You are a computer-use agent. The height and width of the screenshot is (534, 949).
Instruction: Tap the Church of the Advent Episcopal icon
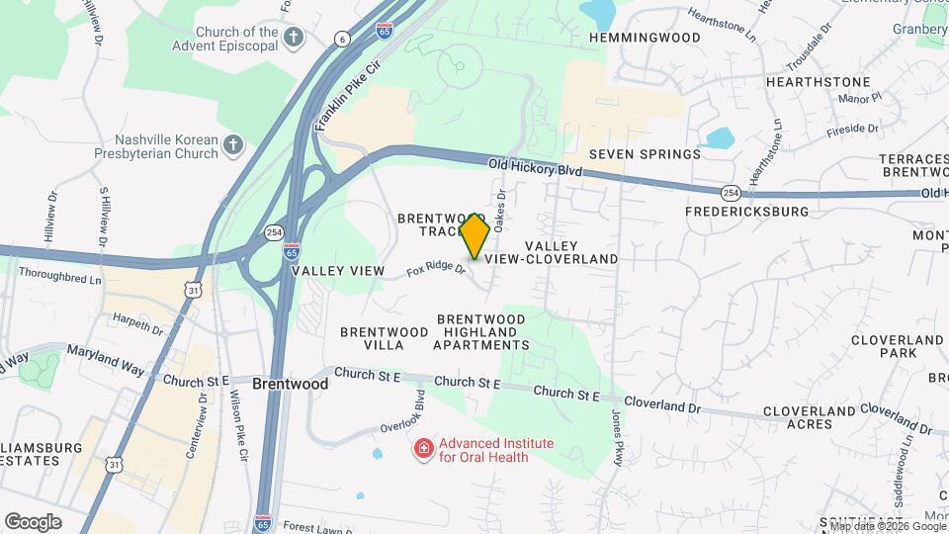(x=293, y=39)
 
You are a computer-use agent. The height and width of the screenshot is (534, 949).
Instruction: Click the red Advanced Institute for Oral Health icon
(x=424, y=450)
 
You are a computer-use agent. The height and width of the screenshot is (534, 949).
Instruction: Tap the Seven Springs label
(x=645, y=154)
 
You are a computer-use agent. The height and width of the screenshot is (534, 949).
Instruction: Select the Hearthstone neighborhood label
(x=818, y=82)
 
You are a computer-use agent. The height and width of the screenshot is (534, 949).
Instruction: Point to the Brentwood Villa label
(x=371, y=338)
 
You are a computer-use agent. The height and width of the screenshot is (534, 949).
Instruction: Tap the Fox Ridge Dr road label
(x=435, y=267)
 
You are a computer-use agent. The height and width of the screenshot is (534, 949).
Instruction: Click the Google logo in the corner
(x=33, y=522)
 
